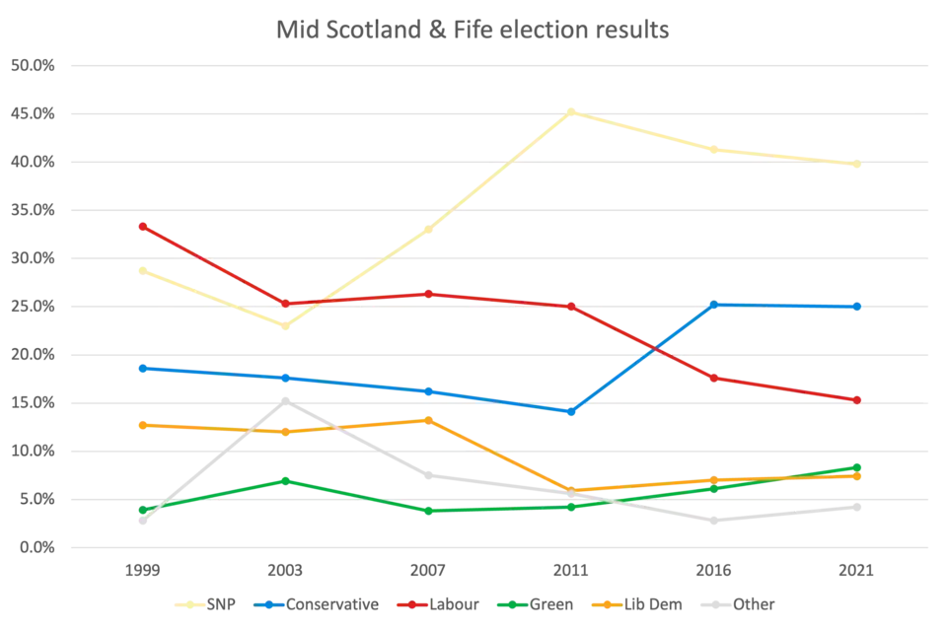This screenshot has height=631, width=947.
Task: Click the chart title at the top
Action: click(473, 31)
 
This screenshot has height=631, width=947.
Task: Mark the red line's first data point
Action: click(142, 226)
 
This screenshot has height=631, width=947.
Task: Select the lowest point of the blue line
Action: click(572, 411)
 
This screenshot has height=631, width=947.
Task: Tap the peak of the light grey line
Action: click(286, 398)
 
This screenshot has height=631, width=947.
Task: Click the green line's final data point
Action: click(857, 466)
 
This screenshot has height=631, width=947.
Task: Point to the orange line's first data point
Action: click(142, 424)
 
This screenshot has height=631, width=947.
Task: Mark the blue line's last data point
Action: click(857, 307)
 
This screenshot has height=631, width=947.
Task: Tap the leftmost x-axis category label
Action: click(142, 572)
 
